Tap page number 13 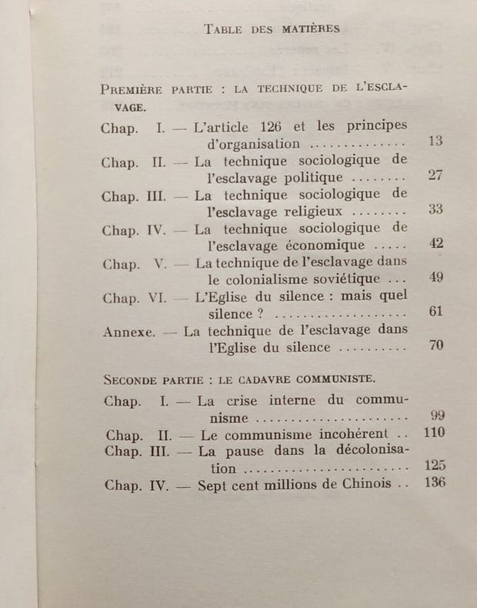[435, 142]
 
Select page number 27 [435, 175]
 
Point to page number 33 [435, 209]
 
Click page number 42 [435, 243]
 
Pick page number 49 [435, 278]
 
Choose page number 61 [435, 312]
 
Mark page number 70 [435, 346]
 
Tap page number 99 [438, 416]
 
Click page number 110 [434, 433]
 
